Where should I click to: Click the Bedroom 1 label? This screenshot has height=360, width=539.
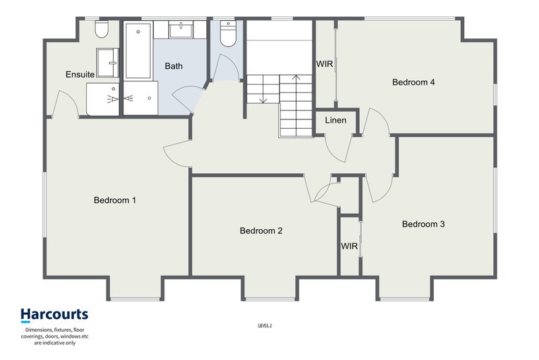coord(115,200)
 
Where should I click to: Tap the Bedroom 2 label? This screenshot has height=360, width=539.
coord(261,231)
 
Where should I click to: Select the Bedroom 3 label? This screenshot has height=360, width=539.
coord(423,224)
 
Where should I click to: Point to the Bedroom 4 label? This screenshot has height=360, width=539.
coord(413,82)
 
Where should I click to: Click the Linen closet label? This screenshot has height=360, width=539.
coord(336,121)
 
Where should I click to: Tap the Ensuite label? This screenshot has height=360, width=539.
coord(80,74)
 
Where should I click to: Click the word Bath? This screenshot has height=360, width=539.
coord(174,66)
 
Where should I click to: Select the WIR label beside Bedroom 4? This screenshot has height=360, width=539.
coord(325,64)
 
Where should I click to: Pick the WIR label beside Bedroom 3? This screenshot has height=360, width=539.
coord(349,246)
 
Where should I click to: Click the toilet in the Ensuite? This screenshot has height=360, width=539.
coord(102,29)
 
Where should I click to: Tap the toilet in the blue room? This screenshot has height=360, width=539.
coord(228,33)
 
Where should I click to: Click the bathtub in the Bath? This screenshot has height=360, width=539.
coord(138,51)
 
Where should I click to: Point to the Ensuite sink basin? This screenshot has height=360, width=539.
coord(108,63)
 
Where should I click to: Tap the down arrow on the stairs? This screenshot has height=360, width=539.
coord(263,89)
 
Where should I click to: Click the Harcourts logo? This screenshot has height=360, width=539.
coord(55,315)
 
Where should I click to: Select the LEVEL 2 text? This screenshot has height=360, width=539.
coord(265,326)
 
